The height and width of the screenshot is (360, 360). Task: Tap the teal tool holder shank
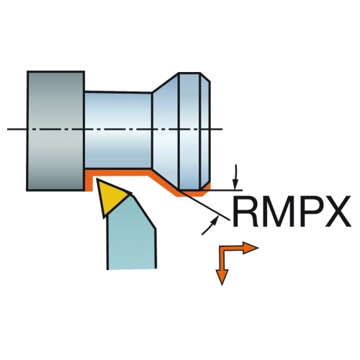(x=132, y=238)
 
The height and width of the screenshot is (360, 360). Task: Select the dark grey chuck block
(x=55, y=131)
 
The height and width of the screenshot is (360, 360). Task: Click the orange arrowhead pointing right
(x=251, y=248)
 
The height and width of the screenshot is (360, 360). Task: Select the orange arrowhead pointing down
(x=222, y=277)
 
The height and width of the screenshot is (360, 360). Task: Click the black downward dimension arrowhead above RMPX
(x=236, y=184)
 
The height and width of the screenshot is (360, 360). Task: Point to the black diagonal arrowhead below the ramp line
(x=215, y=220)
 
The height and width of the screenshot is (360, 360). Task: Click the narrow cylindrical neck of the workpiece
(x=118, y=130)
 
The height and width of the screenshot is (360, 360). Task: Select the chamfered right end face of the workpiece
(x=205, y=131)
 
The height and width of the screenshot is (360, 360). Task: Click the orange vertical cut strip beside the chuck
(x=88, y=181)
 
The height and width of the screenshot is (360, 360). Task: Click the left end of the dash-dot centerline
(x=7, y=130)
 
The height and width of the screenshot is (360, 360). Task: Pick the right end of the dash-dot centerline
(x=223, y=130)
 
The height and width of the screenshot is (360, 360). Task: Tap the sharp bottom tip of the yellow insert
(x=104, y=218)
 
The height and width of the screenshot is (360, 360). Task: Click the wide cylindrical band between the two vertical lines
(x=189, y=131)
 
